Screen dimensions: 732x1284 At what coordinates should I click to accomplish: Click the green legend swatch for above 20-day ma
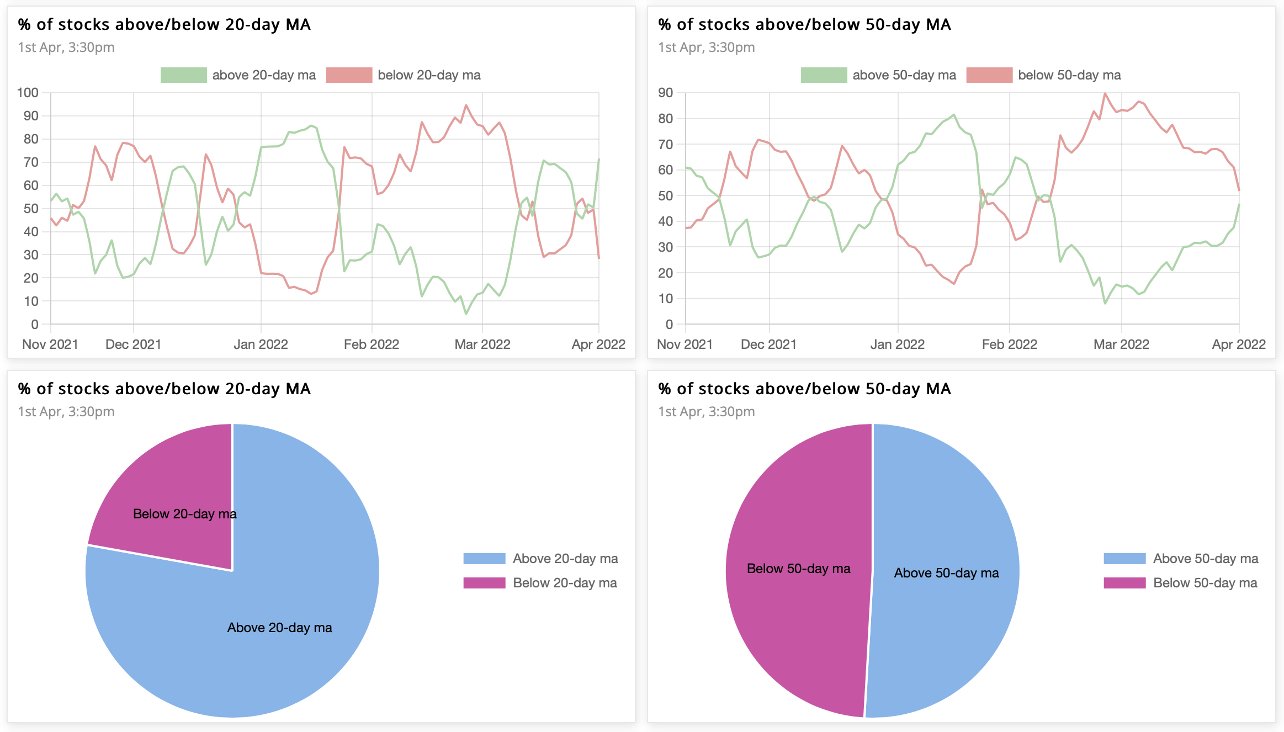point(183,75)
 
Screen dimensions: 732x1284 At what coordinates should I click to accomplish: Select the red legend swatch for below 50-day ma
point(989,75)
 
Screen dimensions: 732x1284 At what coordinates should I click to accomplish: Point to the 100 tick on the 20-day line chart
point(28,93)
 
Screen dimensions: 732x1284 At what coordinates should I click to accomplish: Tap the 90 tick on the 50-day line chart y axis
point(665,93)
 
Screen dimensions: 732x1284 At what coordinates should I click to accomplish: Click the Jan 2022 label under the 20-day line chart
point(261,344)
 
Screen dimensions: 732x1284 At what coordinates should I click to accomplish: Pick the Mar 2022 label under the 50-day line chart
point(1121,344)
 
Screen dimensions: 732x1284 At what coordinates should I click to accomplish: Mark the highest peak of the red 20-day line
point(466,105)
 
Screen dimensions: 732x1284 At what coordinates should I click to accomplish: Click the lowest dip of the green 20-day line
point(466,314)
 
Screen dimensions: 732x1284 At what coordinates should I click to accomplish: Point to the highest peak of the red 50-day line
point(1105,93)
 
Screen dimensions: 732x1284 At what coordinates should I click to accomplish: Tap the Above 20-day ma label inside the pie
point(279,628)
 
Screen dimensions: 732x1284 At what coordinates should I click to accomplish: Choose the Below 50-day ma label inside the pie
point(798,569)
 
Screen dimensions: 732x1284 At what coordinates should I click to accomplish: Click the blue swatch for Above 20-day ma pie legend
point(484,559)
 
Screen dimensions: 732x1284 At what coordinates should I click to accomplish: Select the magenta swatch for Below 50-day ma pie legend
point(1124,583)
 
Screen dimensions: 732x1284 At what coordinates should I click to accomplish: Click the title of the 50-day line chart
point(804,24)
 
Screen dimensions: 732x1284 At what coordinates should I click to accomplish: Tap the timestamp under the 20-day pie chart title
point(66,412)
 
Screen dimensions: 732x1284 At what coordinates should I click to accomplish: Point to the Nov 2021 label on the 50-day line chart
point(685,344)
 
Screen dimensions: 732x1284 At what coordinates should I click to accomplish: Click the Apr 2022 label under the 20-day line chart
point(598,344)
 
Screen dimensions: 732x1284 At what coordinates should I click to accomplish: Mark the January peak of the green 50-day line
point(953,115)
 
